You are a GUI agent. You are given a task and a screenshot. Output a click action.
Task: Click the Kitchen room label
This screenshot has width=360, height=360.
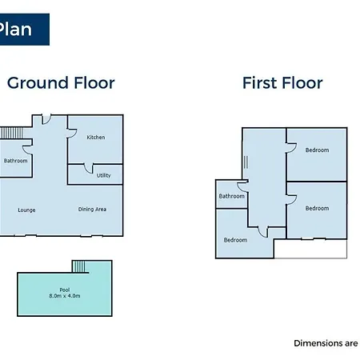(x=96, y=138)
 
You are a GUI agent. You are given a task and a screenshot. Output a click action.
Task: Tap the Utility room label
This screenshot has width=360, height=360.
(x=103, y=175)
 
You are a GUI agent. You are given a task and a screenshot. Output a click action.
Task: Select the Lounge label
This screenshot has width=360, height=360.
(x=26, y=210)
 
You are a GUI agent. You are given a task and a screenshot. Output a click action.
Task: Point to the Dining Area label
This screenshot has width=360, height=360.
(x=92, y=210)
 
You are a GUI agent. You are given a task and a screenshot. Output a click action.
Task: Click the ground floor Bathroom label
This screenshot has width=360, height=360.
(x=15, y=161)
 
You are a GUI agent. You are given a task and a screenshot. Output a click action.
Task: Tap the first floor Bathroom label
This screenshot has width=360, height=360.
(x=231, y=196)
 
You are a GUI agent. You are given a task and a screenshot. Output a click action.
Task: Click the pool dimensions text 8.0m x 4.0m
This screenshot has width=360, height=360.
(x=65, y=296)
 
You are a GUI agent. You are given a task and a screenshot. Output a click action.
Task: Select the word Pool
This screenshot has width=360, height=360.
(x=65, y=290)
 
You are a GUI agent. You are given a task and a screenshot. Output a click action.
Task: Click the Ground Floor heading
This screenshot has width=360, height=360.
(x=61, y=83)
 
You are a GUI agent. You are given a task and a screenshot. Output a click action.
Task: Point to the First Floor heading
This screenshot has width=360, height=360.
(x=282, y=83)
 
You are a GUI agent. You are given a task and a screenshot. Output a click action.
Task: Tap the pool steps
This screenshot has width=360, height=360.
(x=78, y=266)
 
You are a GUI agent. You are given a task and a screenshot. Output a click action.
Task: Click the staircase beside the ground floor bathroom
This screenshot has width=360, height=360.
(x=11, y=133)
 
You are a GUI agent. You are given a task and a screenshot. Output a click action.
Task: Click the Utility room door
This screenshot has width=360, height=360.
(x=89, y=169)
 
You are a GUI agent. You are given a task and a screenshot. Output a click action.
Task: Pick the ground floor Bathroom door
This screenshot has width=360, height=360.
(x=27, y=150)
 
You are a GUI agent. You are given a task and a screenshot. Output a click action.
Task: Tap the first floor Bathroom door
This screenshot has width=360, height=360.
(x=242, y=186)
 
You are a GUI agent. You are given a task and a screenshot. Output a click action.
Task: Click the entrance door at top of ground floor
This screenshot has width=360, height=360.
(x=46, y=120)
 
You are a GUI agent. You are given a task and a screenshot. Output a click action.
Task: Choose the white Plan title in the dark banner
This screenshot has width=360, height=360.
(x=15, y=30)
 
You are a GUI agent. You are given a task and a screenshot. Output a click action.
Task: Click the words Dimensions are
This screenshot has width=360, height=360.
(x=326, y=343)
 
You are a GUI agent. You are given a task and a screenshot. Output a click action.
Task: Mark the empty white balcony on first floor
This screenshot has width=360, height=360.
(x=310, y=249)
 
